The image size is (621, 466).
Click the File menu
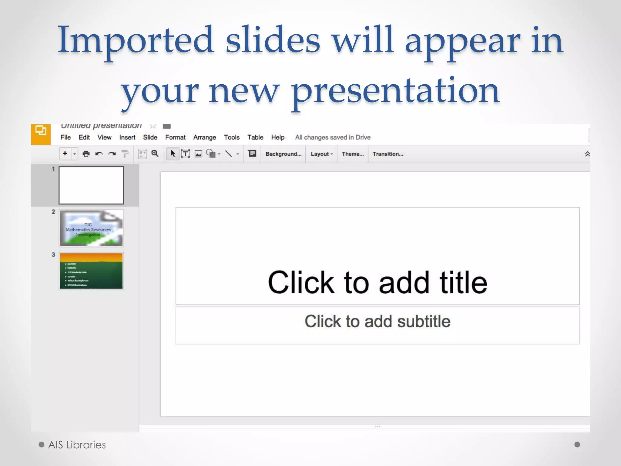pyautogui.click(x=65, y=137)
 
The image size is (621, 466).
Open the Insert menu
pyautogui.click(x=127, y=137)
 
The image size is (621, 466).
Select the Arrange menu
pyautogui.click(x=204, y=137)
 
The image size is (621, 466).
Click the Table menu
pyautogui.click(x=255, y=137)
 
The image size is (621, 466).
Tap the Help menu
pyautogui.click(x=277, y=137)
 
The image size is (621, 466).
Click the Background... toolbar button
pyautogui.click(x=283, y=154)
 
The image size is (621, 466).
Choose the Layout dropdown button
pyautogui.click(x=321, y=154)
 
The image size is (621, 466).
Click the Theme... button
pyautogui.click(x=353, y=154)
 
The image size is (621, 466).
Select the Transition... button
pyautogui.click(x=388, y=154)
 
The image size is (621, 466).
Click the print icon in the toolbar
pyautogui.click(x=86, y=154)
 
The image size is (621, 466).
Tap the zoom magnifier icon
pyautogui.click(x=155, y=154)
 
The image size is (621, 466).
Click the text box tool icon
pyautogui.click(x=185, y=154)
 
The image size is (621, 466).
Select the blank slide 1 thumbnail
pyautogui.click(x=91, y=185)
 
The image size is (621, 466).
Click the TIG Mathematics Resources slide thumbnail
pyautogui.click(x=91, y=228)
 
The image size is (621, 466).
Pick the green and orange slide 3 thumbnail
pyautogui.click(x=91, y=271)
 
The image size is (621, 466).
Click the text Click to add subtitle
pyautogui.click(x=377, y=322)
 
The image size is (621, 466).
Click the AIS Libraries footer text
pyautogui.click(x=77, y=445)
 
